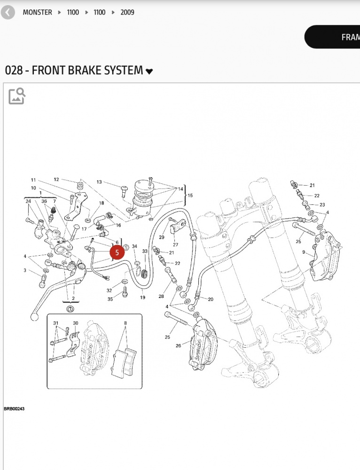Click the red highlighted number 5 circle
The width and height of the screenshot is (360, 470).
click(117, 252)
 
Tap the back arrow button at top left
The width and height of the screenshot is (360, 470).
click(8, 12)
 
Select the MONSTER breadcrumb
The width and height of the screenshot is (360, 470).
click(37, 12)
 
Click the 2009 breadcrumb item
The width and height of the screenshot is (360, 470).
click(127, 12)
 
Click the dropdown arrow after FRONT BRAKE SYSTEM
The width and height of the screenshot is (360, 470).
click(149, 71)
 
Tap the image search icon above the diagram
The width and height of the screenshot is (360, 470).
click(17, 96)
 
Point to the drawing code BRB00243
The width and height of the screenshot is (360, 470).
click(14, 409)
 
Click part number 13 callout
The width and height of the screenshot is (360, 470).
click(99, 182)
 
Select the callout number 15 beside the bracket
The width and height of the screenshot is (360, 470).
click(190, 195)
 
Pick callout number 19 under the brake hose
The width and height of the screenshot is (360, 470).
click(142, 298)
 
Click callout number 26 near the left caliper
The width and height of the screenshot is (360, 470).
click(178, 346)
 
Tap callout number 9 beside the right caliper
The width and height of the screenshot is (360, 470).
click(304, 252)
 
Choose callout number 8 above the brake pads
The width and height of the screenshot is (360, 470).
click(125, 323)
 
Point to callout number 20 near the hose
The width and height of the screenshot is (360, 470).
click(211, 299)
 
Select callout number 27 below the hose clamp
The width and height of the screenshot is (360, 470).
click(175, 244)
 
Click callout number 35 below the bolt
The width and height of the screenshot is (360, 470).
click(110, 299)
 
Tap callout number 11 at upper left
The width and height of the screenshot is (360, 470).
click(33, 180)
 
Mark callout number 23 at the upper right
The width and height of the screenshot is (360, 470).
click(322, 204)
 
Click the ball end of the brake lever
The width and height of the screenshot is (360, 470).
click(34, 317)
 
